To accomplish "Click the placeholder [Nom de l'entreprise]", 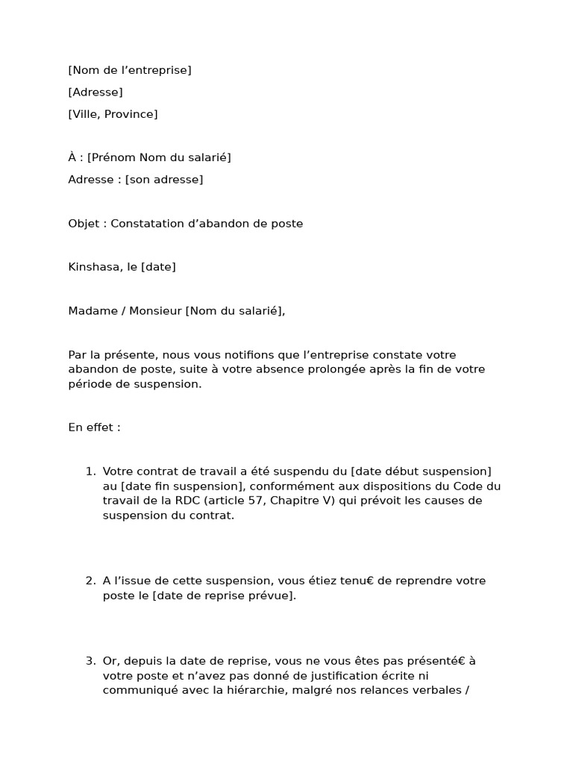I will (130, 70).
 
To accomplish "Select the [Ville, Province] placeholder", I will (113, 114).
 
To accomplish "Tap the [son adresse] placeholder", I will (164, 180).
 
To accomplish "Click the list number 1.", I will (90, 472).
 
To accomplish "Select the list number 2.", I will (90, 581).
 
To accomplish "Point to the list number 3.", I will (90, 661).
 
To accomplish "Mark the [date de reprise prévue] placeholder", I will (223, 596).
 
